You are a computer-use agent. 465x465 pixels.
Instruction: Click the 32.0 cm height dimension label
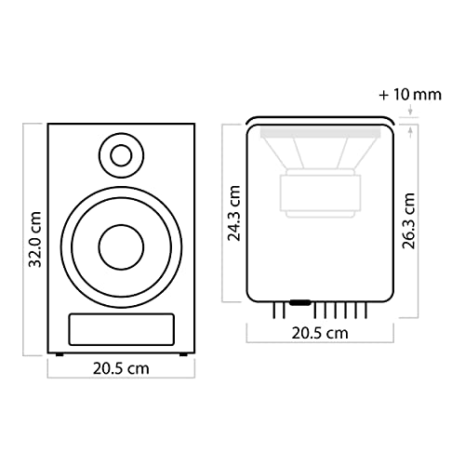[34, 239]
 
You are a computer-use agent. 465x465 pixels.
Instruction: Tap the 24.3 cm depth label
[234, 213]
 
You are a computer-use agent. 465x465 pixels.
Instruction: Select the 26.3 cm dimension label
[408, 220]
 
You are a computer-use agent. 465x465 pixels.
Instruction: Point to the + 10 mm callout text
[410, 95]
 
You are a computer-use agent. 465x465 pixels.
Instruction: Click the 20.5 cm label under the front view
[121, 368]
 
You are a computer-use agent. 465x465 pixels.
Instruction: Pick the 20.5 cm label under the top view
[320, 333]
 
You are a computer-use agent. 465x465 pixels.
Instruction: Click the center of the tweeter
[121, 155]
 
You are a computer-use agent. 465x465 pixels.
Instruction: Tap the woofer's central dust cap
[121, 247]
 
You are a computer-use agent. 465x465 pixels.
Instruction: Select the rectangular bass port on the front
[121, 329]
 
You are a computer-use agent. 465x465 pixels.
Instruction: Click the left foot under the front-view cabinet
[60, 354]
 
